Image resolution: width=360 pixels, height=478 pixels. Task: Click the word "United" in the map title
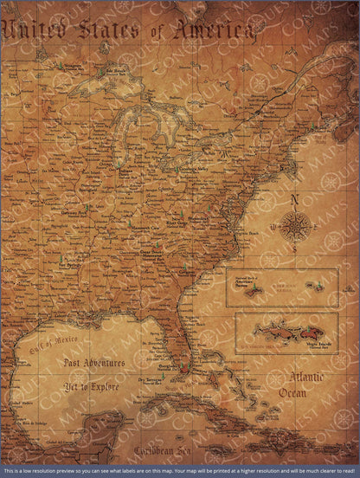click(35, 30)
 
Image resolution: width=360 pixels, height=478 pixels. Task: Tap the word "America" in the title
click(215, 31)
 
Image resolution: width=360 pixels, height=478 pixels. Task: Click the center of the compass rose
click(295, 228)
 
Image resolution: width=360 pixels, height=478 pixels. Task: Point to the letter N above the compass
click(295, 200)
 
